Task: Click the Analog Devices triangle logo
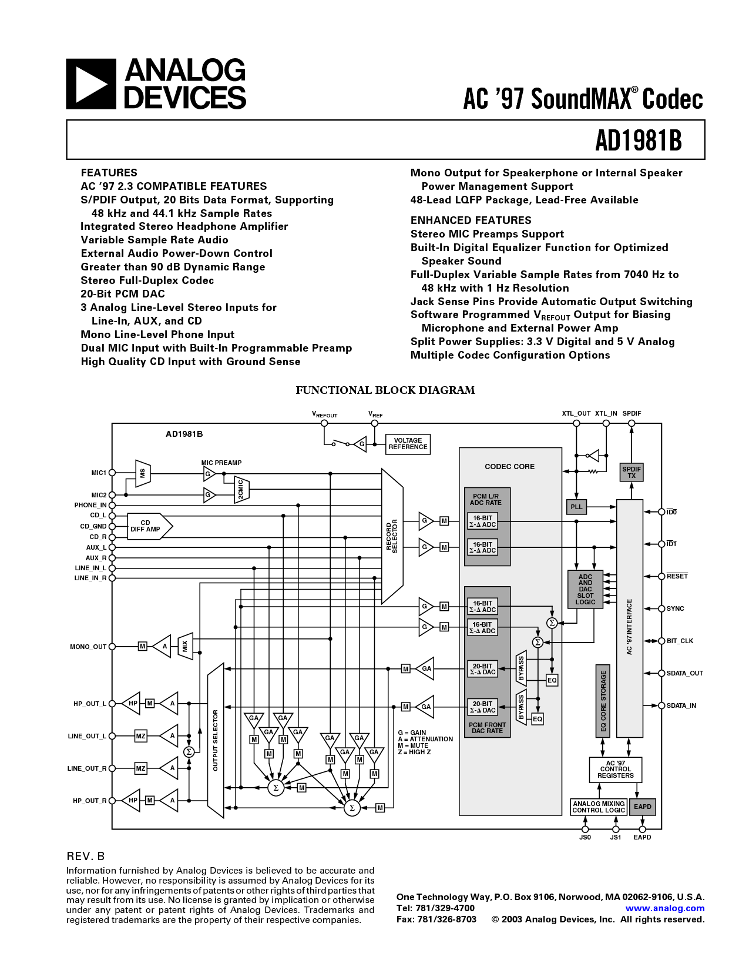pyautogui.click(x=91, y=84)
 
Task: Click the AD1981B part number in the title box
pyautogui.click(x=639, y=140)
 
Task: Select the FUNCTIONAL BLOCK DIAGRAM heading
pyautogui.click(x=385, y=390)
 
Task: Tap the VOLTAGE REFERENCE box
pyautogui.click(x=408, y=444)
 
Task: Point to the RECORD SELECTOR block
pyautogui.click(x=392, y=536)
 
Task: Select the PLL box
pyautogui.click(x=576, y=507)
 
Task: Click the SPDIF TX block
pyautogui.click(x=632, y=473)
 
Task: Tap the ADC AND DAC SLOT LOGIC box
pyautogui.click(x=585, y=589)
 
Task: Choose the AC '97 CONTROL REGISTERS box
pyautogui.click(x=616, y=770)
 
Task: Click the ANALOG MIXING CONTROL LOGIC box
pyautogui.click(x=599, y=807)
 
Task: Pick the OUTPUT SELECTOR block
pyautogui.click(x=216, y=741)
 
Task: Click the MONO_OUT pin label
pyautogui.click(x=88, y=647)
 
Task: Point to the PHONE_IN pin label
pyautogui.click(x=90, y=506)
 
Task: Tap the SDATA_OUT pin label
pyautogui.click(x=685, y=674)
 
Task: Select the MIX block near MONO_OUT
pyautogui.click(x=185, y=646)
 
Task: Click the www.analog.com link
pyautogui.click(x=664, y=908)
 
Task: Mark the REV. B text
pyautogui.click(x=86, y=856)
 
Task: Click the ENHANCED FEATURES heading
pyautogui.click(x=471, y=220)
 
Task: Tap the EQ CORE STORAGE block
pyautogui.click(x=603, y=701)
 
